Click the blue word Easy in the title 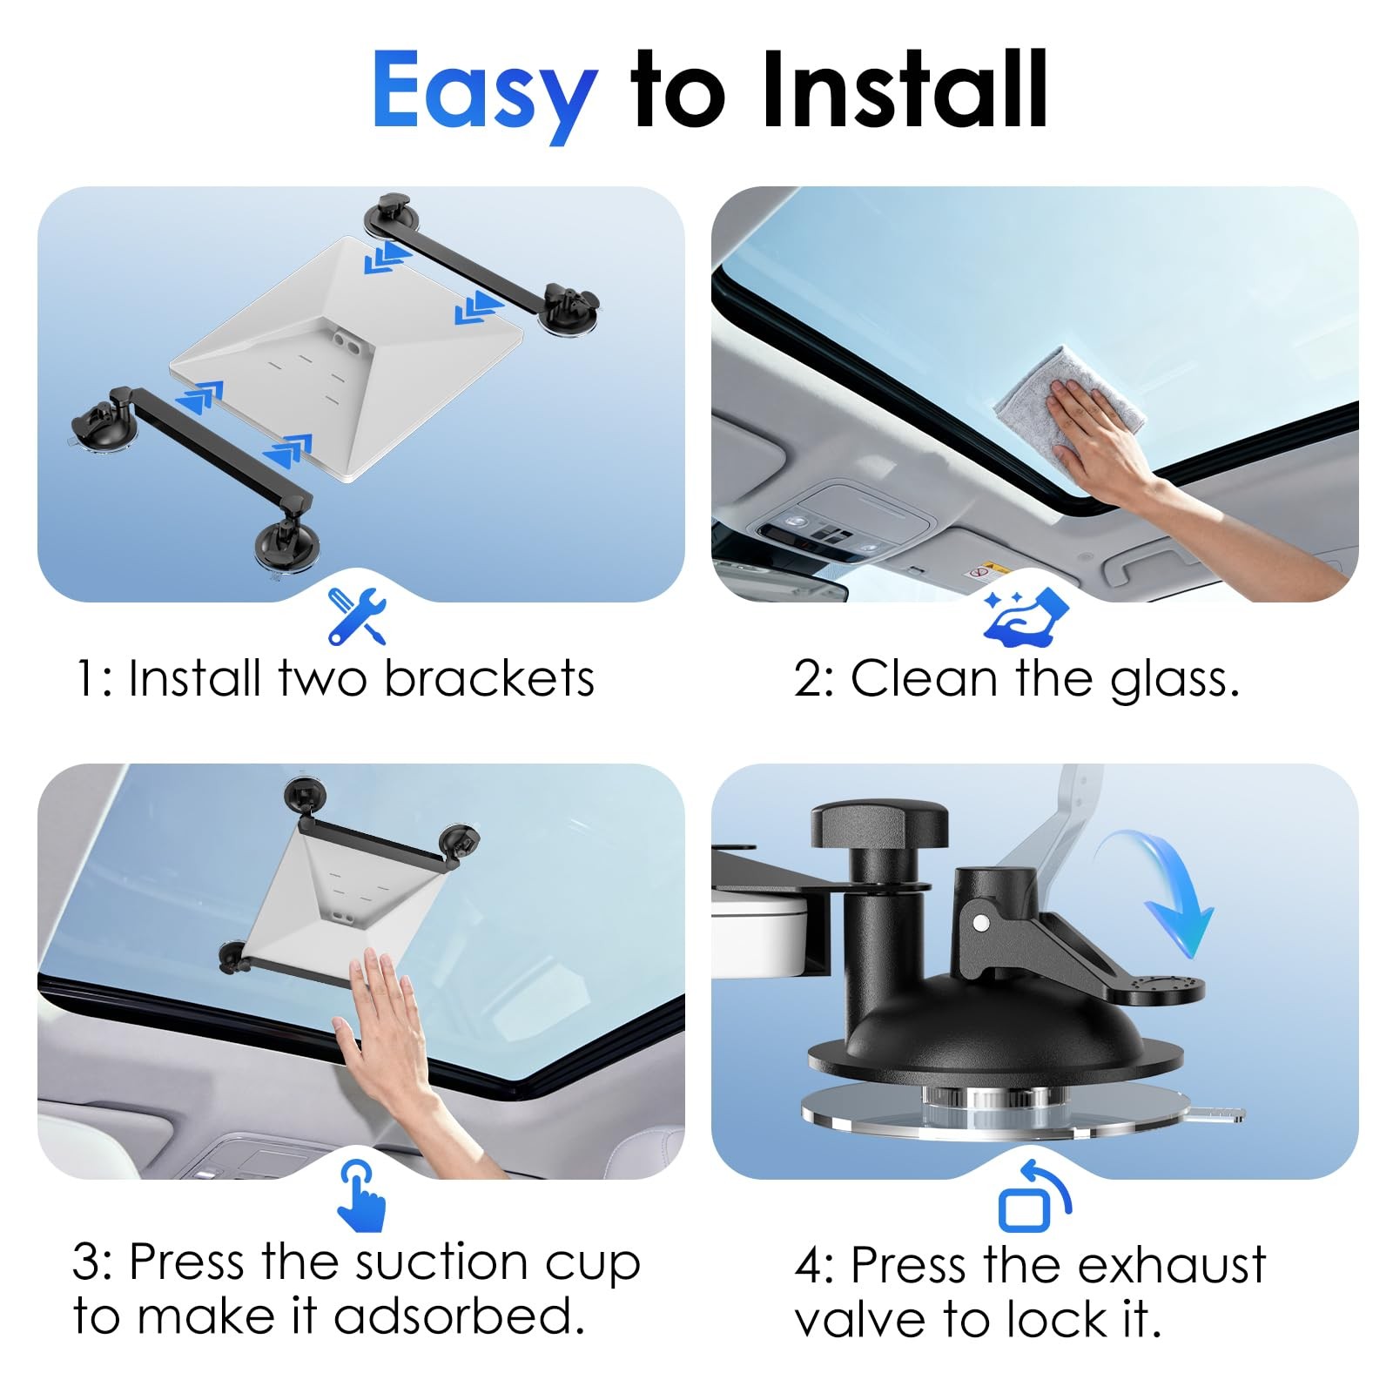click(x=484, y=93)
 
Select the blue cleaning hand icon click(x=1026, y=617)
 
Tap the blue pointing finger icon click(x=361, y=1194)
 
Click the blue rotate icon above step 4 click(x=1034, y=1195)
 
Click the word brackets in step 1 click(x=489, y=678)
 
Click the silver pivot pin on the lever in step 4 click(x=982, y=920)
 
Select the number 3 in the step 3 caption click(x=87, y=1262)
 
